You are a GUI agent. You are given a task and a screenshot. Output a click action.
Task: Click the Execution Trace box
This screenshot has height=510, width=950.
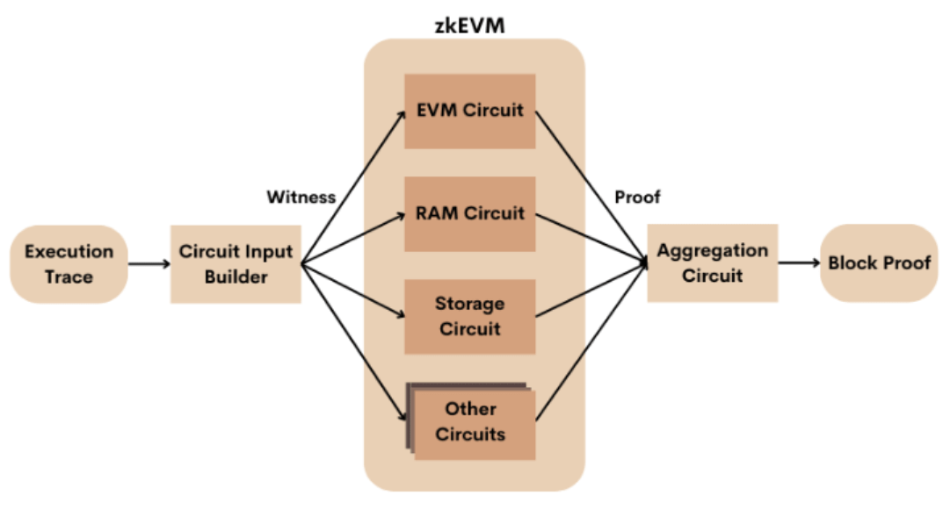(69, 263)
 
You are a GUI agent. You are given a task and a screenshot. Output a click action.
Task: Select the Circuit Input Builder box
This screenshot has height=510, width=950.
(236, 264)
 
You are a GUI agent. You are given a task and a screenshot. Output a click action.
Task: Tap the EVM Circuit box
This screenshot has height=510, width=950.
(469, 111)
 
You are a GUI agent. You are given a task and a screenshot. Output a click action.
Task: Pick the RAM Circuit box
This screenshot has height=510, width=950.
(469, 213)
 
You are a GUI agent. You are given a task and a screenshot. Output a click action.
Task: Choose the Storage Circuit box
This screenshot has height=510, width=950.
(469, 316)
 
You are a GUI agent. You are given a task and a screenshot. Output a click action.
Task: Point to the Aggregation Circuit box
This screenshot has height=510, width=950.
(712, 263)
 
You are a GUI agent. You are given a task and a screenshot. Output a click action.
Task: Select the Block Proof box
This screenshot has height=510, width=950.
(879, 263)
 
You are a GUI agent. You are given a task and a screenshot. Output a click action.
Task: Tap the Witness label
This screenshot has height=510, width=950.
(301, 198)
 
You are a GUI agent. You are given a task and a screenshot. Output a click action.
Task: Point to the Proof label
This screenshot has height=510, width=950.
(638, 198)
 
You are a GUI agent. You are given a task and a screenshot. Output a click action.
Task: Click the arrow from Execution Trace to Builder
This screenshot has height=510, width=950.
(149, 263)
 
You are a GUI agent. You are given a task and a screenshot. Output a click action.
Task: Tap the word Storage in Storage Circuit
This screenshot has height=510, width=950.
(469, 305)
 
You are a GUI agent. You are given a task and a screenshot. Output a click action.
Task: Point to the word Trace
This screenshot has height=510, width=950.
(69, 277)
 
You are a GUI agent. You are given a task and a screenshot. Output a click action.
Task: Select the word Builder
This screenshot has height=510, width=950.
(236, 277)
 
